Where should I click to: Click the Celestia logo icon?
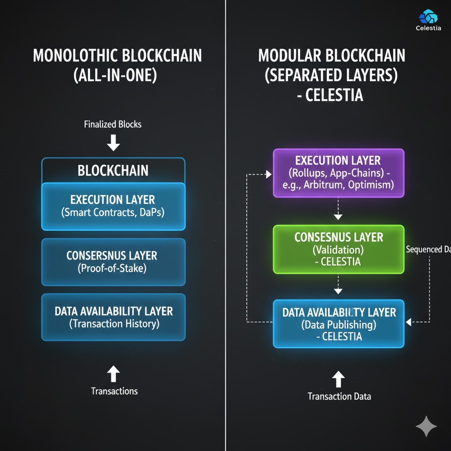point(428,17)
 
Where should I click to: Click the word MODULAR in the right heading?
point(290,56)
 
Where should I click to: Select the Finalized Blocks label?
point(113,124)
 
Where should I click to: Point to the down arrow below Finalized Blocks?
point(113,143)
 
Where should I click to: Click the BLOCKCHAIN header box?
point(113,170)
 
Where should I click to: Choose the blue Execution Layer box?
point(113,206)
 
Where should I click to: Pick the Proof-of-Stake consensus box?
point(113,262)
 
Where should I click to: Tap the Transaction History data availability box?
point(113,317)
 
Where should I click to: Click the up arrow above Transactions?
point(113,374)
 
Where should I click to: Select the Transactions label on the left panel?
point(114,391)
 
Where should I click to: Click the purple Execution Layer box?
point(338,173)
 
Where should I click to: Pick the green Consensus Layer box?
point(338,249)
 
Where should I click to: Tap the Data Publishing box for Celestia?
point(338,324)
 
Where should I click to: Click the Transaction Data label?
point(339,396)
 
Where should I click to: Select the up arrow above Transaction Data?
point(338,379)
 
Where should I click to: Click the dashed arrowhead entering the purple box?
point(268,175)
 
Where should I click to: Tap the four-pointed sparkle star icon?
point(426,427)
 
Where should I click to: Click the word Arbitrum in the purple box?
point(324,185)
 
